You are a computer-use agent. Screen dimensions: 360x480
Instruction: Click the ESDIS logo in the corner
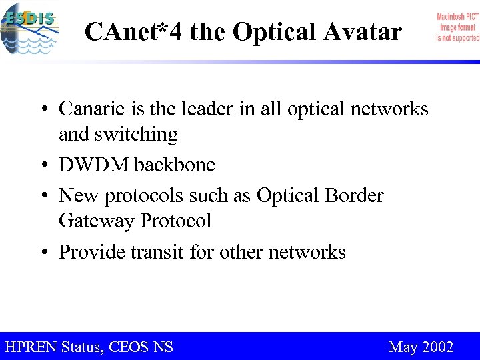coord(30,28)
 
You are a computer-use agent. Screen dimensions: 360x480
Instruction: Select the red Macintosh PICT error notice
coord(457,27)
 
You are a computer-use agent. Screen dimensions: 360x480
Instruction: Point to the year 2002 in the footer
coord(438,347)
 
